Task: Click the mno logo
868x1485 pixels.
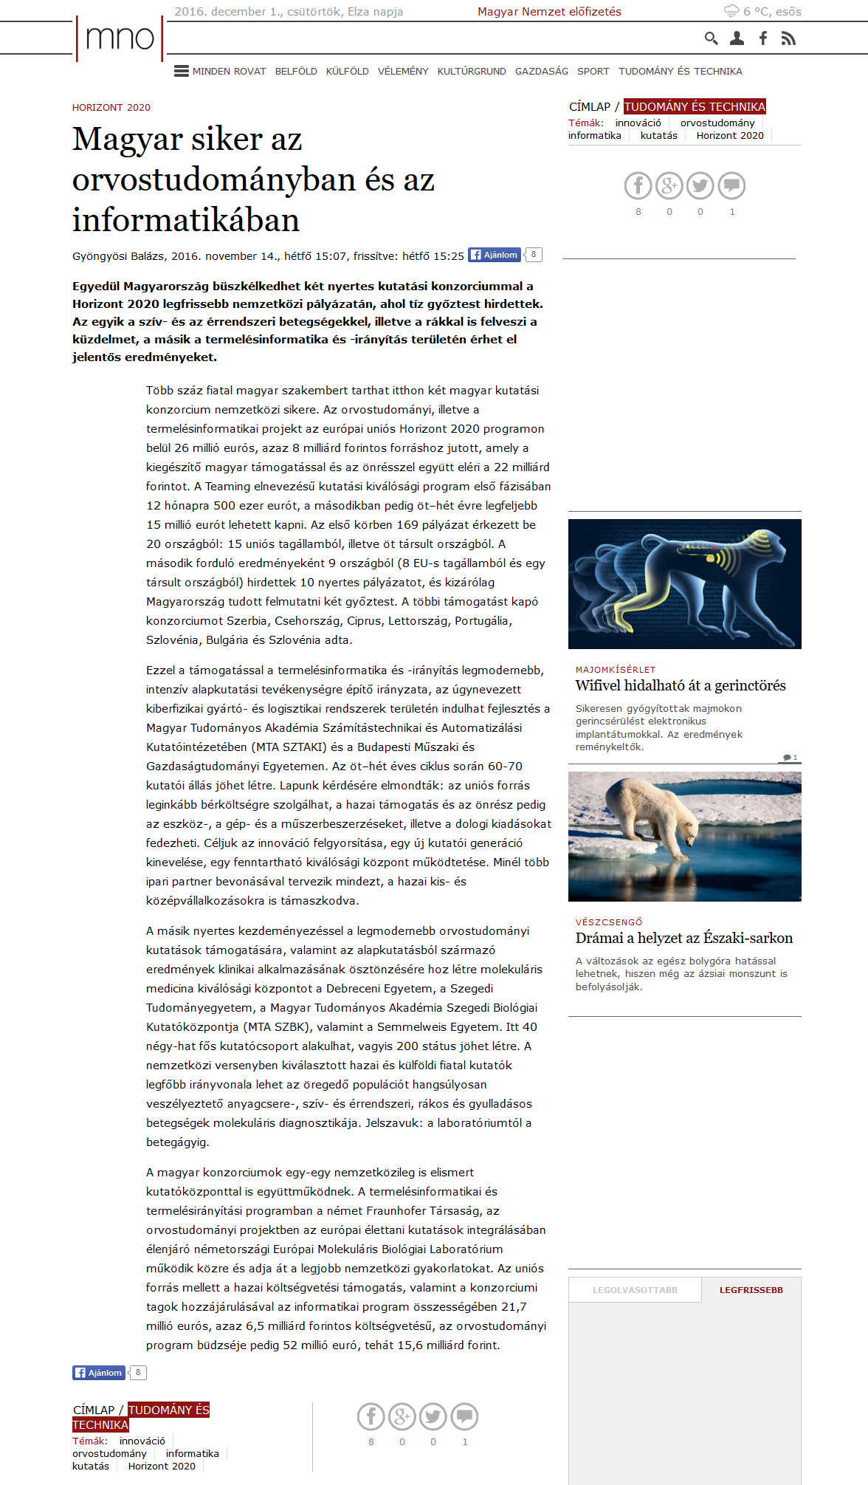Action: click(120, 38)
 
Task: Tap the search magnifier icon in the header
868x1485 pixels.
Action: click(711, 38)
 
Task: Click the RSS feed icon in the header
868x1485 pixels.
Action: click(788, 38)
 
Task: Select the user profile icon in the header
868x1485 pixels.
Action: click(737, 38)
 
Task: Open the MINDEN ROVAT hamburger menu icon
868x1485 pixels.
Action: click(181, 71)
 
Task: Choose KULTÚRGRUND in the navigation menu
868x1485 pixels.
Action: click(472, 72)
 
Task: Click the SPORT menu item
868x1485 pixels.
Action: click(593, 72)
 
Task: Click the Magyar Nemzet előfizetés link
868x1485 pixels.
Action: click(549, 12)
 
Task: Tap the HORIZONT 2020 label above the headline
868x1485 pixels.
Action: click(111, 108)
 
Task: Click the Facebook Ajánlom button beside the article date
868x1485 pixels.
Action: click(495, 255)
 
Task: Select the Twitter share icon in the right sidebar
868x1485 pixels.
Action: click(700, 186)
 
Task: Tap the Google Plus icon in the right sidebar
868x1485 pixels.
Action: click(669, 186)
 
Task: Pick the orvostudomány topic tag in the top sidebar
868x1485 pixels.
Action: click(717, 123)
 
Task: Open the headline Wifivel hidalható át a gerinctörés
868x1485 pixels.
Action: click(681, 686)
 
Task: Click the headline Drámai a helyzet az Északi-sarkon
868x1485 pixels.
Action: click(684, 939)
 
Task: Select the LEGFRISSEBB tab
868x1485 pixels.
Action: click(751, 1290)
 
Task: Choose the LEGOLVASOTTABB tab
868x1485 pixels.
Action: click(635, 1290)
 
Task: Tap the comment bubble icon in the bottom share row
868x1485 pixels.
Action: click(464, 1416)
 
